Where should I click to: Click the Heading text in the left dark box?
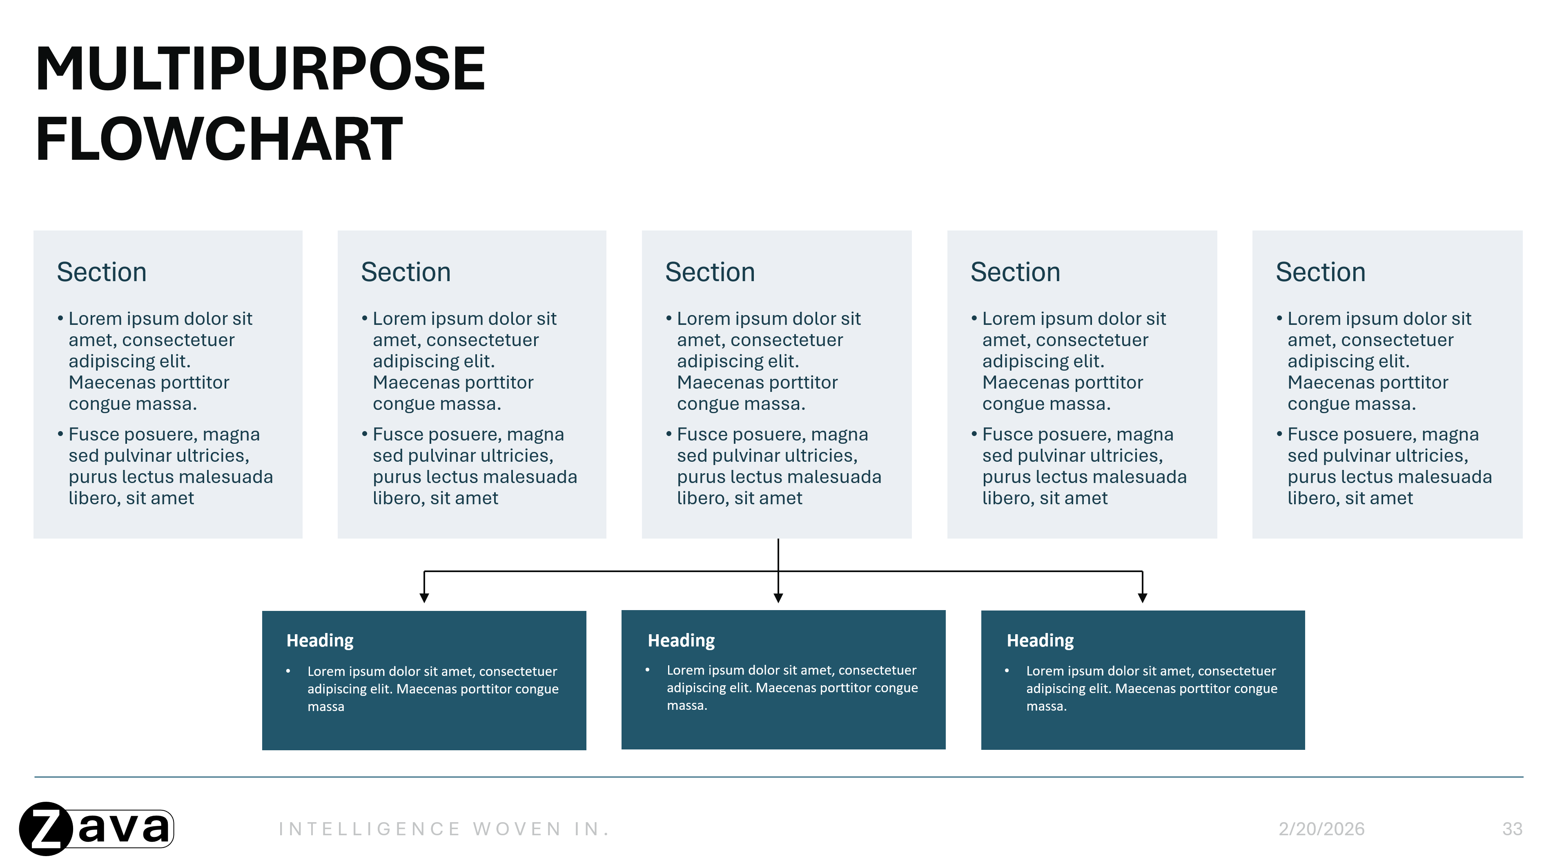(x=320, y=641)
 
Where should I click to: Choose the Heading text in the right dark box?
(x=1040, y=641)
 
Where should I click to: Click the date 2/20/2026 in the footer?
(x=1321, y=829)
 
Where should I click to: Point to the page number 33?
(x=1512, y=829)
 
